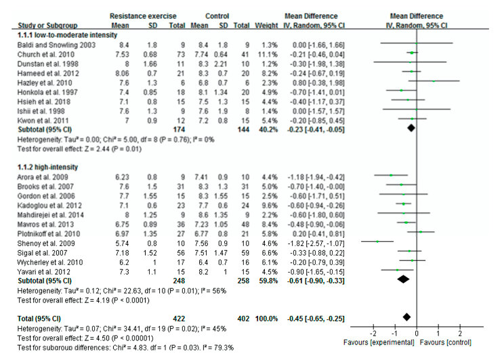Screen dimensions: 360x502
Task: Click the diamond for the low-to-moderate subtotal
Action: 411,126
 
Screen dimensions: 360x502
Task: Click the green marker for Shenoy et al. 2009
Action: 377,241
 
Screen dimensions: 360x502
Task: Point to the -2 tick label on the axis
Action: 373,334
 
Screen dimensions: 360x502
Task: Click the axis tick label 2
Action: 460,334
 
